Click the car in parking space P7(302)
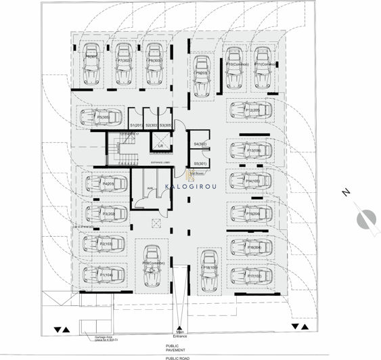[x=122, y=60]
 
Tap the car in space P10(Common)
[x=234, y=64]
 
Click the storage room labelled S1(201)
[x=135, y=120]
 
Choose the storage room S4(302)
[x=200, y=144]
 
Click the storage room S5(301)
[x=200, y=163]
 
